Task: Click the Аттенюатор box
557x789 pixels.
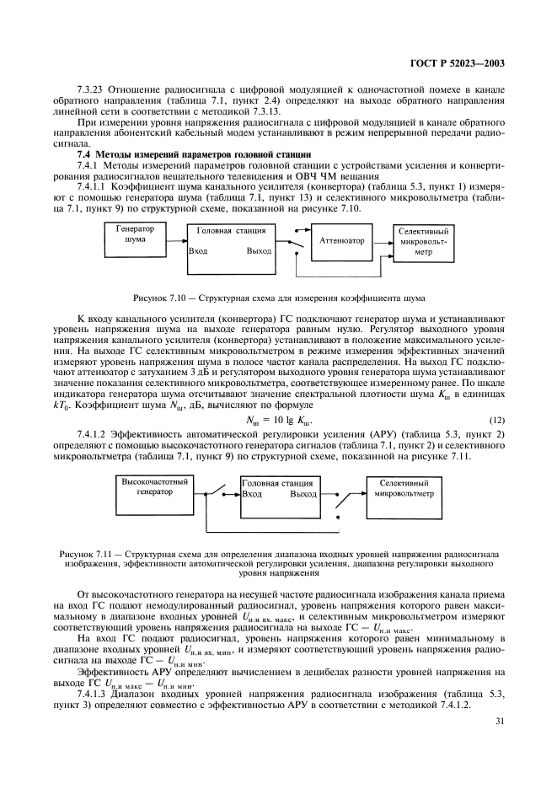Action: pos(341,240)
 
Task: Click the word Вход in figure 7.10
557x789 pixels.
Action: pos(199,251)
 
